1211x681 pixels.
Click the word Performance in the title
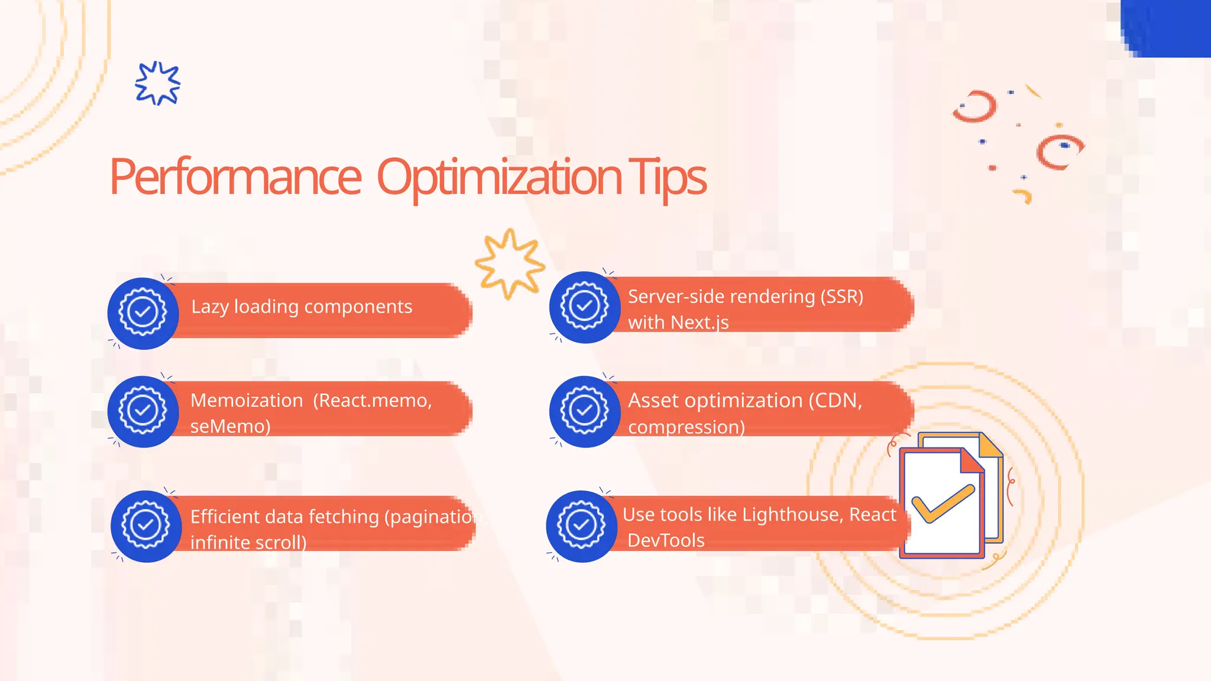235,177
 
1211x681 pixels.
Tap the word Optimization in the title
499,177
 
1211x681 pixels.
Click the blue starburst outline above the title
157,83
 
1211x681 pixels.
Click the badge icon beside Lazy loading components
143,313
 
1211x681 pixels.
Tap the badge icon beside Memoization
143,411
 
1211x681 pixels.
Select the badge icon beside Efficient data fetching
145,526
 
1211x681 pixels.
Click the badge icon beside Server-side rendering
584,307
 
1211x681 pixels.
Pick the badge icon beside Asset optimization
584,411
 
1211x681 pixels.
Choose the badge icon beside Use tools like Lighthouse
581,526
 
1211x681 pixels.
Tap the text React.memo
373,400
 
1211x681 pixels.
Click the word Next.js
700,323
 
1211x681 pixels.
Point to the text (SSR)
841,296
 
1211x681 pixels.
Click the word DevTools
666,540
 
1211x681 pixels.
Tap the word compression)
686,427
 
